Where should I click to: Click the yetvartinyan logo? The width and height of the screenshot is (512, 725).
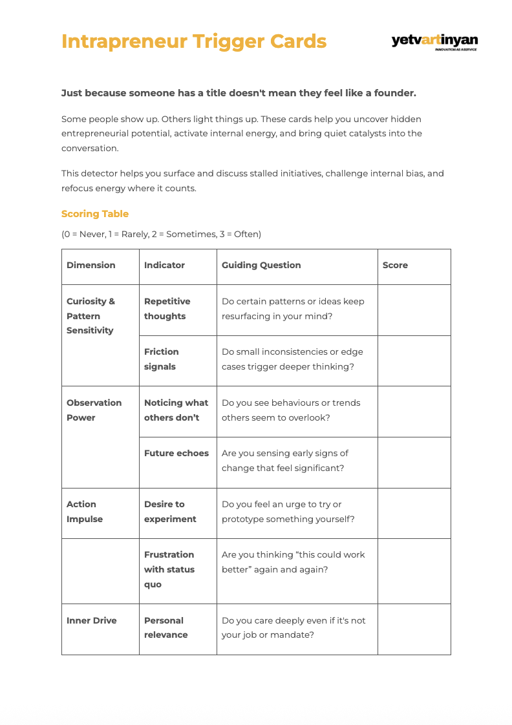click(434, 42)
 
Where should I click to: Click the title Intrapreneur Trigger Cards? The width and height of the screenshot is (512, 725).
click(194, 41)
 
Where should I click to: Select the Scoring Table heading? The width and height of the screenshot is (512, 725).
click(95, 214)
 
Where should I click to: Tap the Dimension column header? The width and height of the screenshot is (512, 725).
click(91, 265)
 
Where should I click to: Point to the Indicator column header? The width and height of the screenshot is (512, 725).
click(164, 265)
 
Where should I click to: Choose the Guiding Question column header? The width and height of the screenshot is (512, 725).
click(261, 265)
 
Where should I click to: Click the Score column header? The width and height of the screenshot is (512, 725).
click(395, 265)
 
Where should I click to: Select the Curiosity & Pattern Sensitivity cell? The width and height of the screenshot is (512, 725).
click(91, 316)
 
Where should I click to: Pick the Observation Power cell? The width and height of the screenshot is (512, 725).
click(94, 410)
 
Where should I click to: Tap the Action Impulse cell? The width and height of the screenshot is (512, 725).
click(85, 512)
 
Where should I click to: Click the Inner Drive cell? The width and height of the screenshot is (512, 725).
click(92, 620)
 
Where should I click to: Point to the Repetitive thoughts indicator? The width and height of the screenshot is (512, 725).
click(167, 309)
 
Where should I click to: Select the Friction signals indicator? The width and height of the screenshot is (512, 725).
click(161, 359)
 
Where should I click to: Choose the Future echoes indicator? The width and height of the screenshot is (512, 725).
click(176, 453)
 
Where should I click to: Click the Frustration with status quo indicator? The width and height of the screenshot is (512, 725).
click(169, 569)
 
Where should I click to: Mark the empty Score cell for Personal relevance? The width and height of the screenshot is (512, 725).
click(414, 629)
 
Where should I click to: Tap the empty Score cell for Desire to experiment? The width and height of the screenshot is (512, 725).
click(414, 513)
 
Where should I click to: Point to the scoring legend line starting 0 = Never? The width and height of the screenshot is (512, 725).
click(161, 234)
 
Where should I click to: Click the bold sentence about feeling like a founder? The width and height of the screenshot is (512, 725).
click(239, 93)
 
